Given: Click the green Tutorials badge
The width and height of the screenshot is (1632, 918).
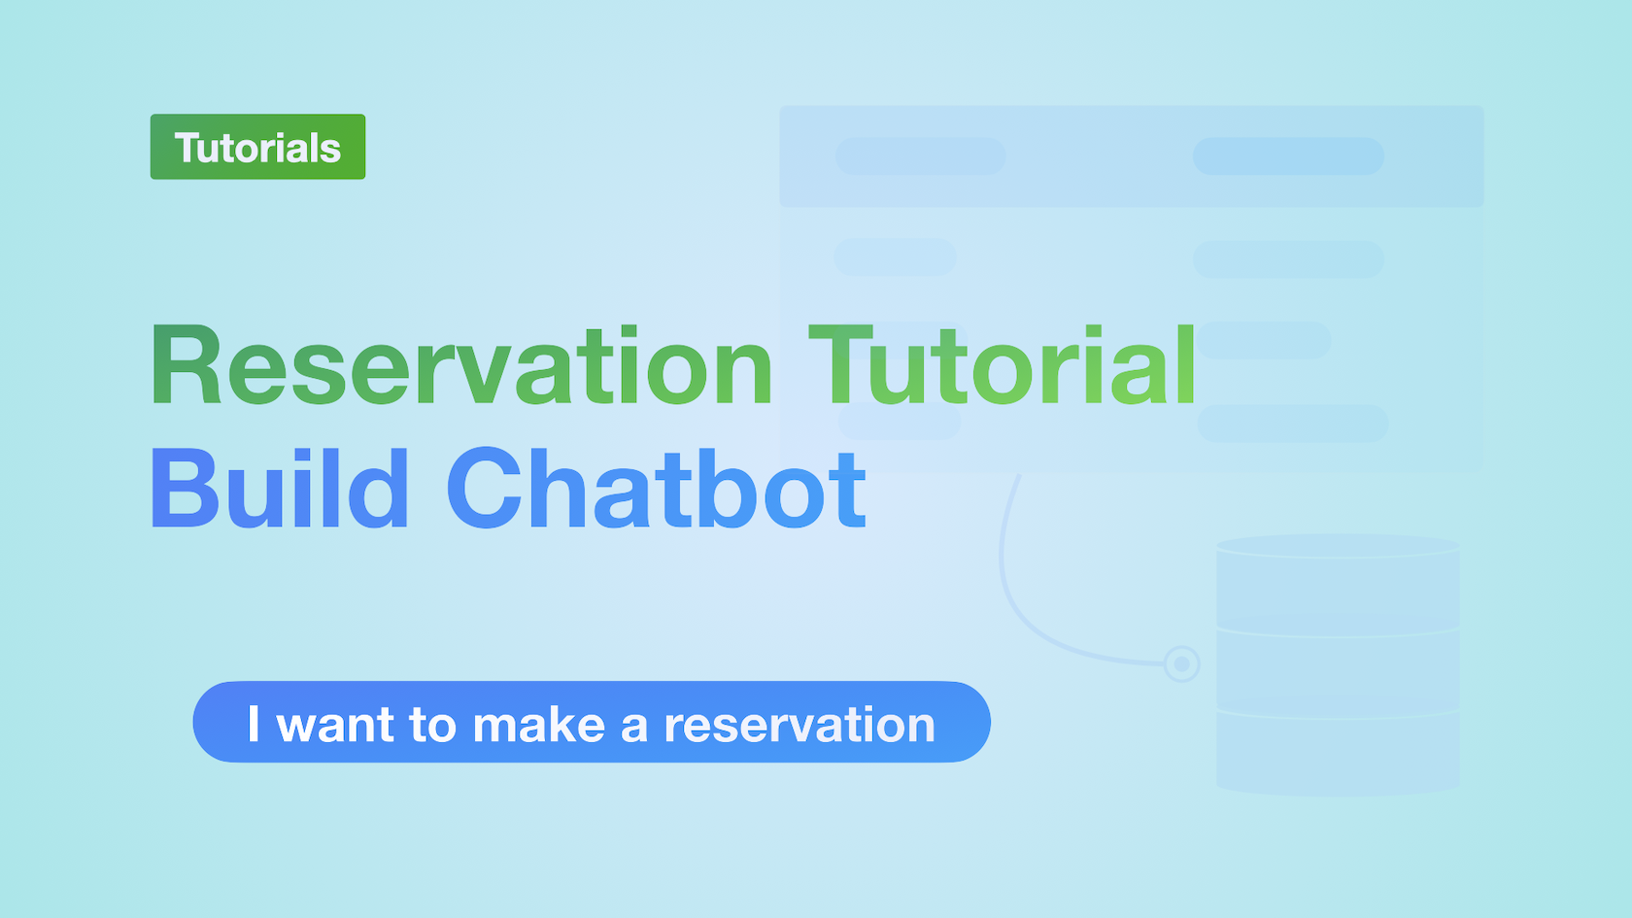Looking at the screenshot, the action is click(258, 147).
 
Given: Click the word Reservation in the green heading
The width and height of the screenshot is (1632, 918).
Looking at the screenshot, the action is click(461, 364).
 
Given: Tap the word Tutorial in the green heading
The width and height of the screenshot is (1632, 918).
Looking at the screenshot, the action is click(1003, 364).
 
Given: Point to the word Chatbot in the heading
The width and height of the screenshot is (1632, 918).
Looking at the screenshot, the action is click(657, 488).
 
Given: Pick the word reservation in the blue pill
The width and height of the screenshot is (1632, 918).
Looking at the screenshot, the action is click(800, 725).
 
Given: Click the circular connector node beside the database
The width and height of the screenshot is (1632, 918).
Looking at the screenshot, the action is click(1181, 663).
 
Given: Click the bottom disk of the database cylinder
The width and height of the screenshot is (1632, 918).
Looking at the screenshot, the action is click(1338, 750).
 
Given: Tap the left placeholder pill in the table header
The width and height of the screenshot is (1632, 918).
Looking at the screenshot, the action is click(920, 155).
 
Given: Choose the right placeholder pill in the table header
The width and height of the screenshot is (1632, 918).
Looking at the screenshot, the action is click(1288, 155).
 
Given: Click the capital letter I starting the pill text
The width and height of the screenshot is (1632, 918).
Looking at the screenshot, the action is click(254, 724).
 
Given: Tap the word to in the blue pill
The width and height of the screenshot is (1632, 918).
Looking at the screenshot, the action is click(433, 725).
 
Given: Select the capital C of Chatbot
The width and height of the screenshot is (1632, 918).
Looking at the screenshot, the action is click(484, 488).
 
